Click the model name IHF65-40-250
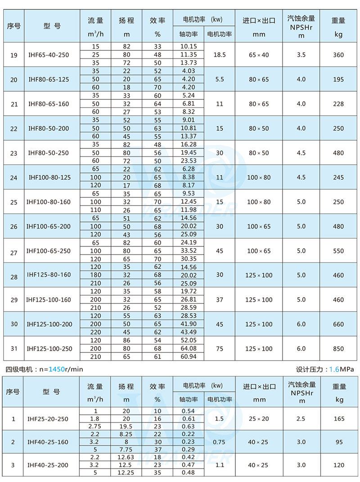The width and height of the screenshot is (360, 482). tap(49, 55)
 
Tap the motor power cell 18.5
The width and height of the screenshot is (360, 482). tap(220, 55)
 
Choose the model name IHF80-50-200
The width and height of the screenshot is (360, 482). tap(49, 129)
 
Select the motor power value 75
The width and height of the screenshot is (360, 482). tap(220, 348)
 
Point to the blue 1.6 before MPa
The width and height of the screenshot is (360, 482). tap(334, 369)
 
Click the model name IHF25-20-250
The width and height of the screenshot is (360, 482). tap(49, 419)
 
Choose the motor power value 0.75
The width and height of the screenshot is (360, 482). tap(220, 442)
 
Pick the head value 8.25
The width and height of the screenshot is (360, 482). tap(126, 434)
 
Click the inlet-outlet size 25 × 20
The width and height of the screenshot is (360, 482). tap(259, 419)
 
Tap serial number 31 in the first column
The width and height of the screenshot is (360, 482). tap(13, 348)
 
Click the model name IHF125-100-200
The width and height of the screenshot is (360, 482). tap(49, 324)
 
